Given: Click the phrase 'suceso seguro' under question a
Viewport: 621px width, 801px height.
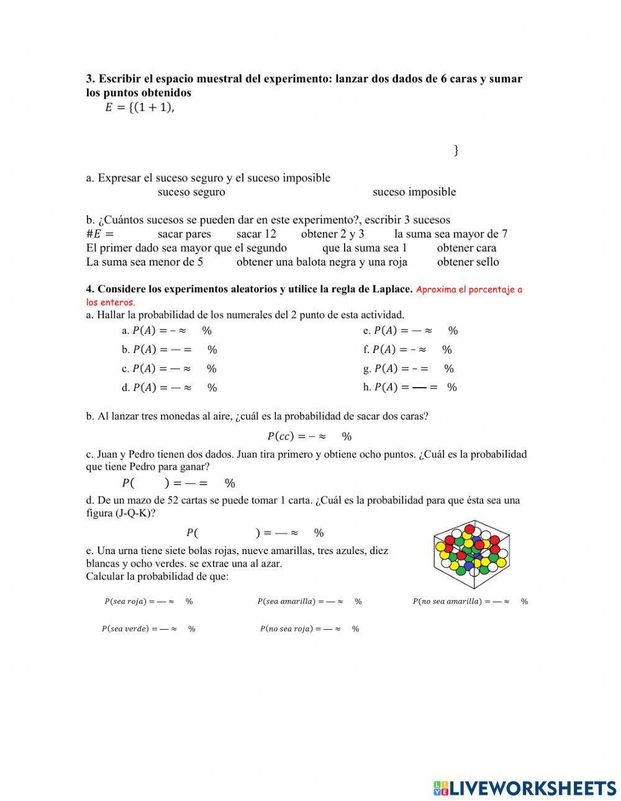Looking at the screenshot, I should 191,192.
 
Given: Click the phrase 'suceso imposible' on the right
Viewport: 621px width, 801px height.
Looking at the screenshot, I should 414,192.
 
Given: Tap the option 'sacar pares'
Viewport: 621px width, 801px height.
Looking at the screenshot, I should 184,234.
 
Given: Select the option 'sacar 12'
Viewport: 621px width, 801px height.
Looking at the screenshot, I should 256,234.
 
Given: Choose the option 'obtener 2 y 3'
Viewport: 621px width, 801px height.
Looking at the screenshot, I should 332,234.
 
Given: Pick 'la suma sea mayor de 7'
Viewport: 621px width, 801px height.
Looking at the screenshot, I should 451,234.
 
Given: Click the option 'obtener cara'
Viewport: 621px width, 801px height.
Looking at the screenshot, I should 466,248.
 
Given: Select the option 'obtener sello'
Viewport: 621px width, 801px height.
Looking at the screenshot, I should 468,262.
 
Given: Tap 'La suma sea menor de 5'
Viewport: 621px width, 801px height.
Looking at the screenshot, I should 145,262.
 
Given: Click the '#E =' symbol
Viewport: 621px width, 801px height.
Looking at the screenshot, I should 100,235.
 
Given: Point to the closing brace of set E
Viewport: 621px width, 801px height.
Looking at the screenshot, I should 456,150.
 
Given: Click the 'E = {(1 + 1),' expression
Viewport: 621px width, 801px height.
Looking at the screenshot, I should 139,108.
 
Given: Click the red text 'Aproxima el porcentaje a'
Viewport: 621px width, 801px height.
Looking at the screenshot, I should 469,290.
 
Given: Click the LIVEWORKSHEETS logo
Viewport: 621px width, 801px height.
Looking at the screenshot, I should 525,787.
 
